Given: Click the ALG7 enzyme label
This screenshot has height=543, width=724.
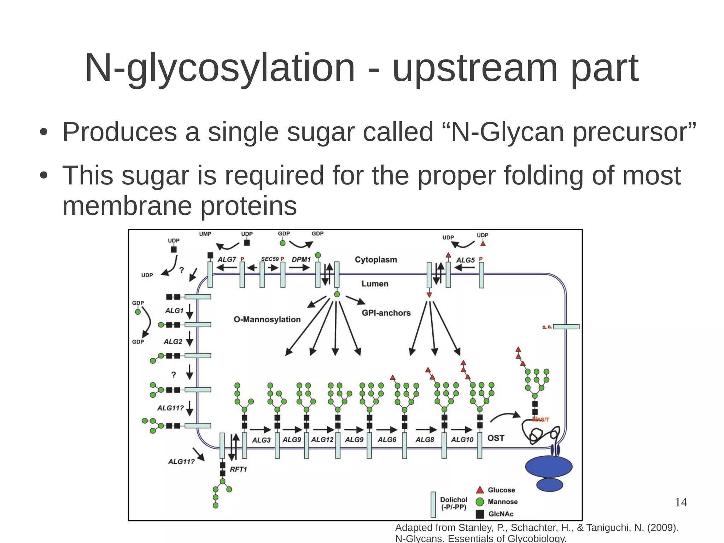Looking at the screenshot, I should click(227, 259).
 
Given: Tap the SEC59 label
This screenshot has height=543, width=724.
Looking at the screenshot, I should click(270, 259).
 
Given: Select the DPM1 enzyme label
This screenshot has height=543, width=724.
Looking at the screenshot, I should click(301, 259).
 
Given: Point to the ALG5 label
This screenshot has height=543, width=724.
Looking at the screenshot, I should click(465, 260).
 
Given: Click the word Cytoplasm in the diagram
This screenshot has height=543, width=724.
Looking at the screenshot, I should click(376, 260).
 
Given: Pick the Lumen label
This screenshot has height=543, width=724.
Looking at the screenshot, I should click(375, 284).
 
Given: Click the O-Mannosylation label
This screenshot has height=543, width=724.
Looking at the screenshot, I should click(267, 319).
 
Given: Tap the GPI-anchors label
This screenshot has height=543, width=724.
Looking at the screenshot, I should click(386, 313).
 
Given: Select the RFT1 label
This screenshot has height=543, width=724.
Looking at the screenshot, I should click(238, 469).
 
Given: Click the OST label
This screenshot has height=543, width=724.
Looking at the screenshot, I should click(496, 438).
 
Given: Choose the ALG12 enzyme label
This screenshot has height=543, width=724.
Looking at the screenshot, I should click(322, 440).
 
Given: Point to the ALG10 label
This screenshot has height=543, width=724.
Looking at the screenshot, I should click(462, 440).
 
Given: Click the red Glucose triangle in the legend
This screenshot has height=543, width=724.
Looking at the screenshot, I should click(480, 490).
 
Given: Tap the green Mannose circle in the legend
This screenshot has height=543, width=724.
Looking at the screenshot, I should click(480, 502).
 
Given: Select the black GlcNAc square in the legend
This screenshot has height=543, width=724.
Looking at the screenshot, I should click(480, 514).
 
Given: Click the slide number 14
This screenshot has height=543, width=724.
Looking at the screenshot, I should click(681, 502).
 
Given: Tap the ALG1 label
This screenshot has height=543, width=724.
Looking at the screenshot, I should click(174, 311).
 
